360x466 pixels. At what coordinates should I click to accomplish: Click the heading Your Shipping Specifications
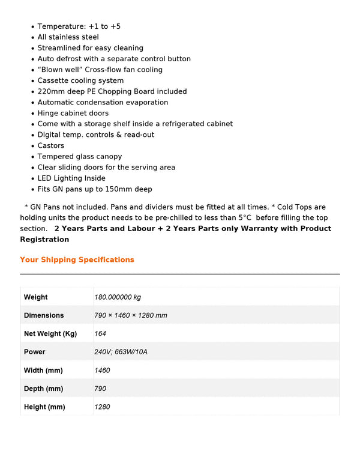(77, 260)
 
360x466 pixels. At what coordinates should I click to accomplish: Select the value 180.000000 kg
(118, 297)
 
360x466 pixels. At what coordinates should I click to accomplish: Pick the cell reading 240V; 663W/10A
(121, 352)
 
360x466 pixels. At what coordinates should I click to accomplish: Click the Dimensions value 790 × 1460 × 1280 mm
(131, 315)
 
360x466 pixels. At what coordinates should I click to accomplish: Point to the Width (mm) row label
(43, 371)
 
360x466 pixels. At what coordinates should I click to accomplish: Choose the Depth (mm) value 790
(100, 389)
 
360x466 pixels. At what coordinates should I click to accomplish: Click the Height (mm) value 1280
(102, 407)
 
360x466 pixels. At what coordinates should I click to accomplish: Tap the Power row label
(34, 352)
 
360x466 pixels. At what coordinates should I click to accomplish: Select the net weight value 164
(100, 334)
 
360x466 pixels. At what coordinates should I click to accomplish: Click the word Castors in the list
(51, 146)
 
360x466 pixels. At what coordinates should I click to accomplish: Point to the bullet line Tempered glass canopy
(80, 157)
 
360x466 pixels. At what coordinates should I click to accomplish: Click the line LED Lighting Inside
(71, 178)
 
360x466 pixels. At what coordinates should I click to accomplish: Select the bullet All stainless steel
(68, 37)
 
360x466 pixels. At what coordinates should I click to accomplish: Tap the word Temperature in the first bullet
(61, 26)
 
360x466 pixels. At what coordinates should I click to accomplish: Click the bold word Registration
(44, 240)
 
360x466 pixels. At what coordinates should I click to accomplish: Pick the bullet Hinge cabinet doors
(73, 113)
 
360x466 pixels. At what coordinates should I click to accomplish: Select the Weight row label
(35, 297)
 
